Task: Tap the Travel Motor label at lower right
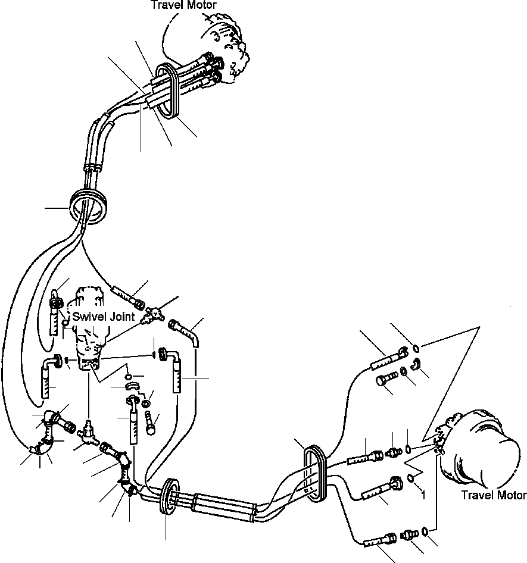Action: point(494,495)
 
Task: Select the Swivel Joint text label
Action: point(104,318)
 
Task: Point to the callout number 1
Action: point(422,493)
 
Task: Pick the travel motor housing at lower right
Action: point(482,446)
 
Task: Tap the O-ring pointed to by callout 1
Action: point(412,477)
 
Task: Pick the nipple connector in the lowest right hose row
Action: point(408,534)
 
